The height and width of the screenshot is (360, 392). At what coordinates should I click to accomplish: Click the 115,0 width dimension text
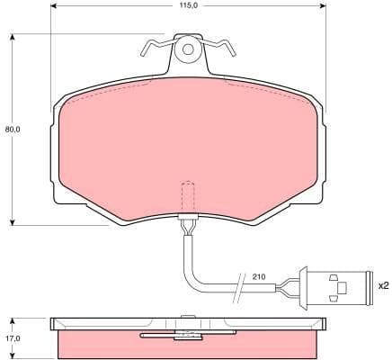tap(187, 6)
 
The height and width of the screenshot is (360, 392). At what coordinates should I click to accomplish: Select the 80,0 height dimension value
tap(12, 129)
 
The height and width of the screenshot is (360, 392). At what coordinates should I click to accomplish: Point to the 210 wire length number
tap(259, 277)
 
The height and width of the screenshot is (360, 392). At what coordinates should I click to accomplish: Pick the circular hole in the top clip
tap(188, 49)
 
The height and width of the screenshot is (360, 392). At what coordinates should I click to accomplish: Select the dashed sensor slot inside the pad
tap(188, 195)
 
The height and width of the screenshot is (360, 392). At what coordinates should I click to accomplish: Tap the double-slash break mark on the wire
tap(238, 286)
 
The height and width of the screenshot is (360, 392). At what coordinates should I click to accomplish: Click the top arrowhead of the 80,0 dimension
tap(13, 37)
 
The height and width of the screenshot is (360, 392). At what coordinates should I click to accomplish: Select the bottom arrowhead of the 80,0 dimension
tap(13, 221)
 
